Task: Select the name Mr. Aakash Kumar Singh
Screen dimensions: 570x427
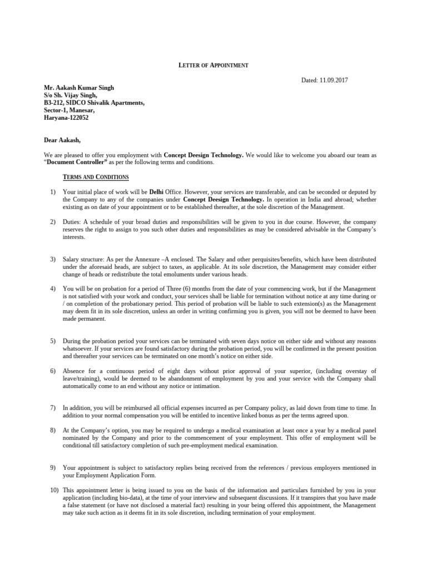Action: click(79, 88)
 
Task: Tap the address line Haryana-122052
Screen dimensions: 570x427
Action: click(66, 118)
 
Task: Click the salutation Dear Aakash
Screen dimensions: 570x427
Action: click(62, 140)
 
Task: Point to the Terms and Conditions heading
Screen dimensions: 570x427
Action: click(96, 177)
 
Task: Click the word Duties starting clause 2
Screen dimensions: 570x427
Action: click(73, 222)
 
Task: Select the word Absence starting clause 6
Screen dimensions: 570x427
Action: click(76, 371)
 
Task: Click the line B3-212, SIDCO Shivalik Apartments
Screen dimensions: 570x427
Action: click(94, 103)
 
